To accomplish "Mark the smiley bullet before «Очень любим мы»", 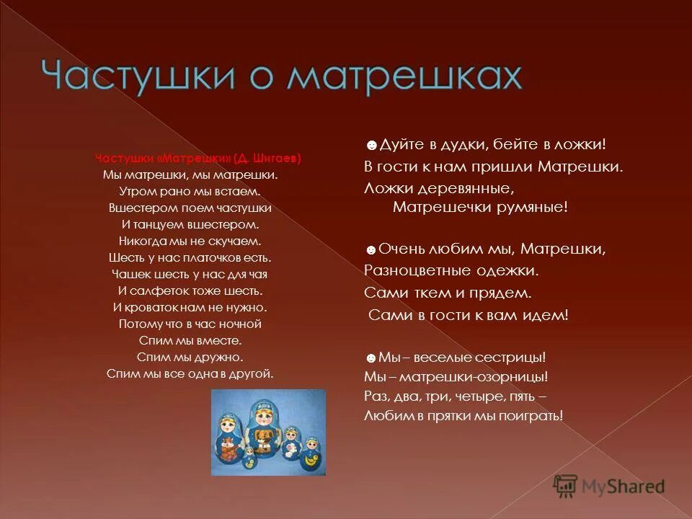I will point(371,250).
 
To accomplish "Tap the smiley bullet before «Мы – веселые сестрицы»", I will point(371,358).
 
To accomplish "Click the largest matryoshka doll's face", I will point(262,414).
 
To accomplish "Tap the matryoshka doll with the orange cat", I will point(229,448).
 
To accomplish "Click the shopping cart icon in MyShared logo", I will point(564,484).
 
